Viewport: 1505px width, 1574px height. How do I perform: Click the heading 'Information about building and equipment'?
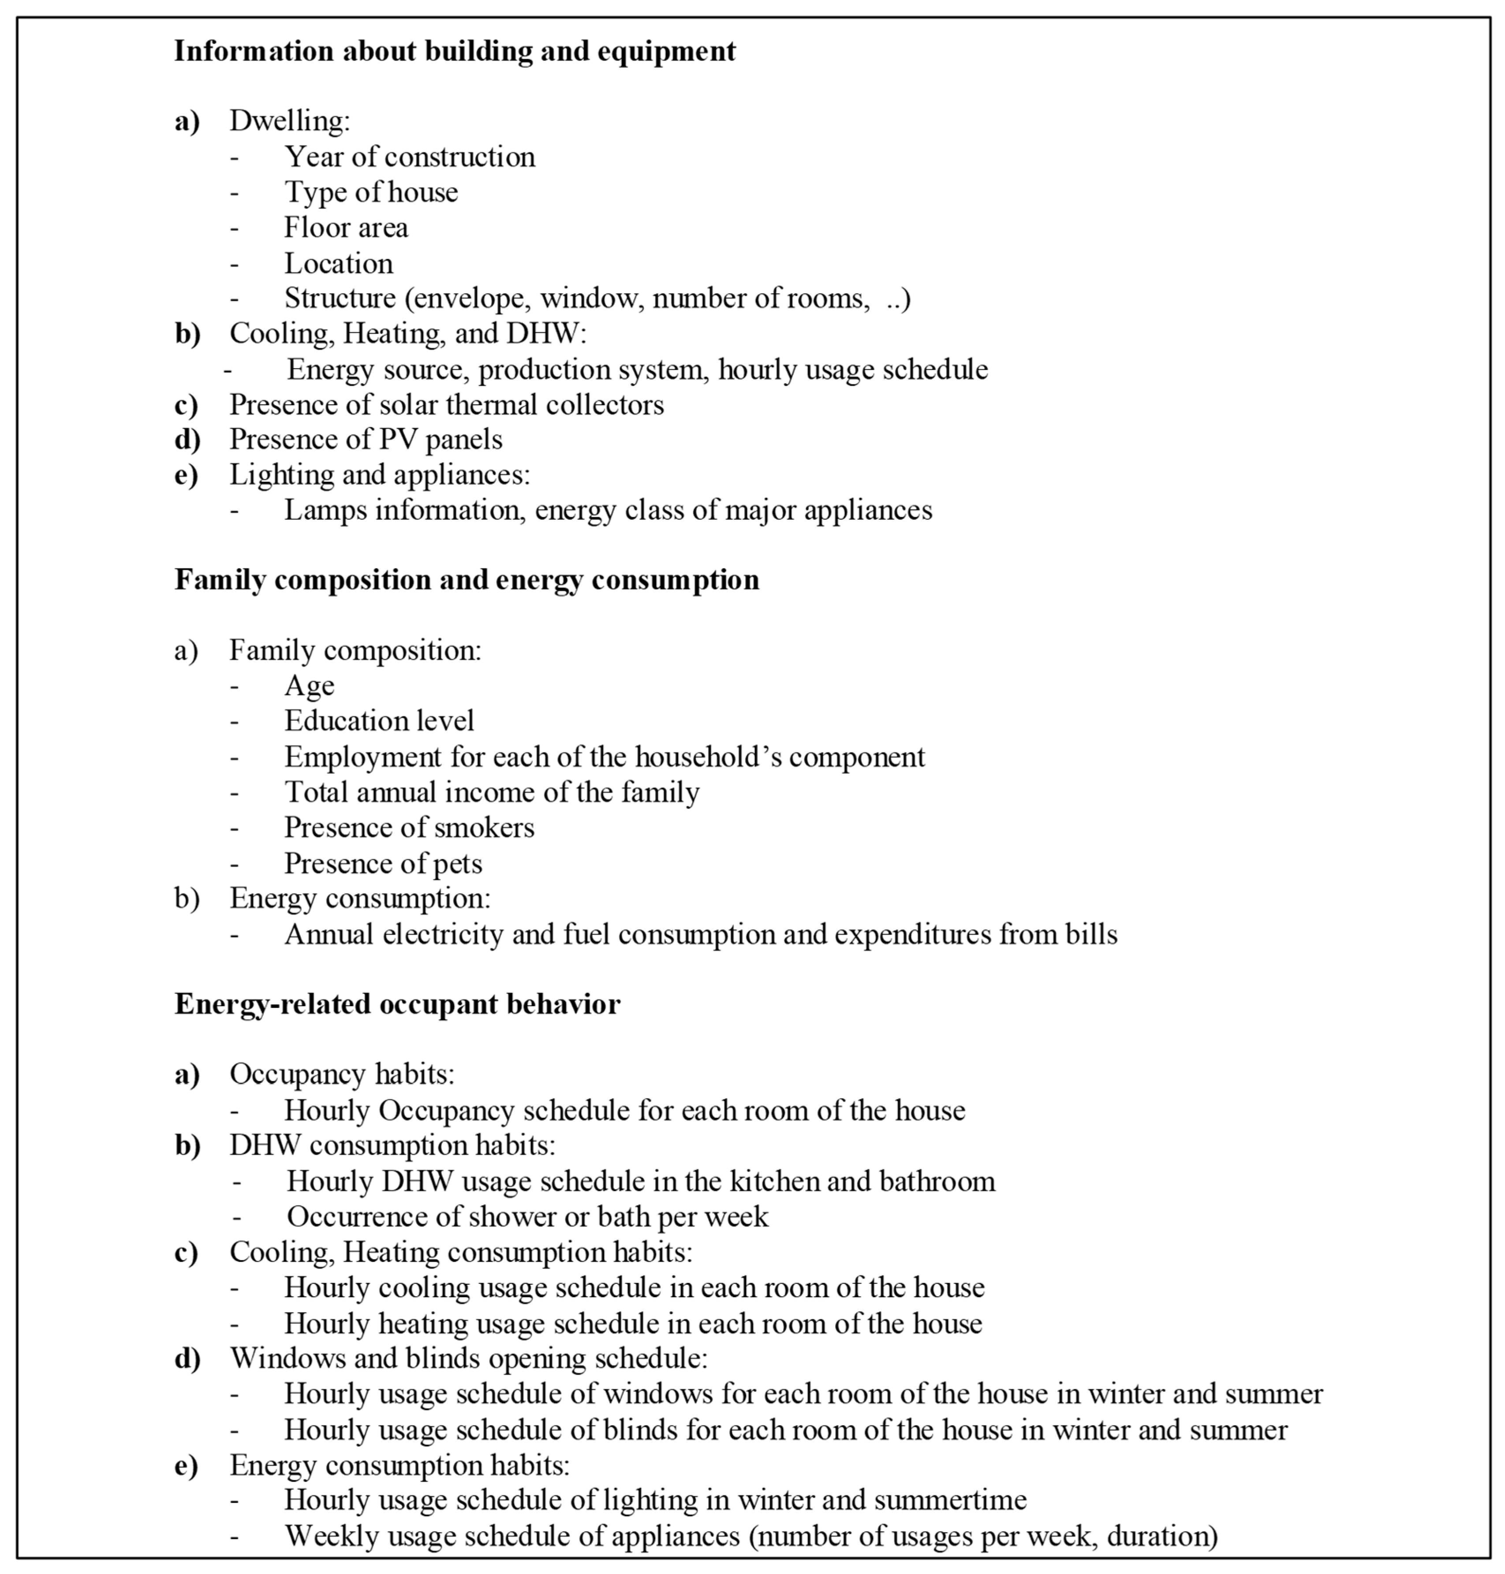pos(455,51)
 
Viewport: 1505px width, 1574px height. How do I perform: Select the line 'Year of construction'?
pos(409,157)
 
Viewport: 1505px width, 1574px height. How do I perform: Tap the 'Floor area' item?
pos(346,228)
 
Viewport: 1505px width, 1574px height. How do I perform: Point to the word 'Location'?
pos(339,263)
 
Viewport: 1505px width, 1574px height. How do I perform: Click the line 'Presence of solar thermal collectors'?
pos(446,404)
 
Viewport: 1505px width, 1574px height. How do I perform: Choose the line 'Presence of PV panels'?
pos(366,440)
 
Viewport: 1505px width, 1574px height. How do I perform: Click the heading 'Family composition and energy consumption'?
pos(466,579)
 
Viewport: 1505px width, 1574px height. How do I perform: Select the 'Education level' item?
pos(379,721)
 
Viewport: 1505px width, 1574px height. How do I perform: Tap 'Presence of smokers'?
pos(409,827)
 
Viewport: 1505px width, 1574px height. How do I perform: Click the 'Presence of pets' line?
pos(383,863)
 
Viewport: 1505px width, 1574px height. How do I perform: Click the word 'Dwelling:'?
pos(290,121)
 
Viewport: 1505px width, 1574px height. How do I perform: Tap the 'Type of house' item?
pos(371,193)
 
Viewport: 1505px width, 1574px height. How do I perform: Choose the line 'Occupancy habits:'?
pos(342,1074)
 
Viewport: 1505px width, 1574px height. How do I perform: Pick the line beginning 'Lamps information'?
pos(608,510)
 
